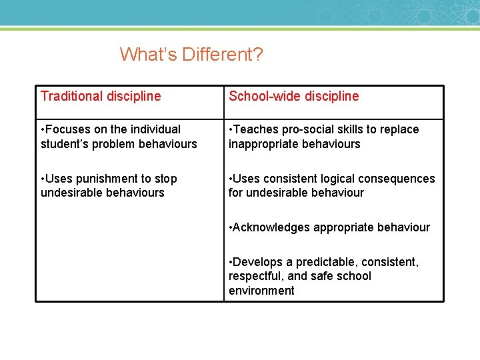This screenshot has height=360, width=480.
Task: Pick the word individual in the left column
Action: [x=155, y=129]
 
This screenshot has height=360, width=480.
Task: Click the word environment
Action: [x=261, y=291]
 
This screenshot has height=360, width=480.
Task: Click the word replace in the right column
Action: [x=400, y=129]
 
